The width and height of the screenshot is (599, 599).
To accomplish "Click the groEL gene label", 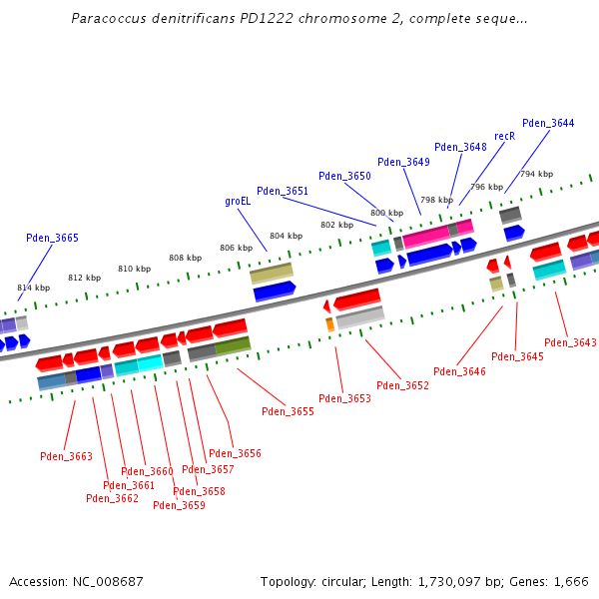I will (238, 201).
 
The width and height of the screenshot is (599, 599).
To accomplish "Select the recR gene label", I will (505, 136).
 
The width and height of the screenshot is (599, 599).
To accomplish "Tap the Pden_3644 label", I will (548, 124).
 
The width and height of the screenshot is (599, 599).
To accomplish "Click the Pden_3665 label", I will (52, 238).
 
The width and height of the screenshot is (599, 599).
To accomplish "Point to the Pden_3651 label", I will (283, 191).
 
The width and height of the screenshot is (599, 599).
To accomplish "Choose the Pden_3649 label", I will (403, 162).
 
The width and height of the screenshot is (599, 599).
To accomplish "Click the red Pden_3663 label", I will (66, 456).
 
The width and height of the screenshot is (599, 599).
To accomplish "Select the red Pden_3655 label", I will (288, 411).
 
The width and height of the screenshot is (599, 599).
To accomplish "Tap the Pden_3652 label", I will (402, 385).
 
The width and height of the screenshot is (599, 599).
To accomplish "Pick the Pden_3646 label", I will (459, 371).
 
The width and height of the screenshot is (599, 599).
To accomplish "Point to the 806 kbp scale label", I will (236, 248).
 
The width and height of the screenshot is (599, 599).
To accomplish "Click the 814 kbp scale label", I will (33, 288).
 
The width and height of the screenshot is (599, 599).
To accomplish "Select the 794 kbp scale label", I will (536, 174).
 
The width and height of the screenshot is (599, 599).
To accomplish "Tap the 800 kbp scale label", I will (386, 213).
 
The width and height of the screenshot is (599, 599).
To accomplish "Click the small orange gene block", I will (329, 324).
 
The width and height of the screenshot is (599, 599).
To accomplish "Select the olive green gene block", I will (233, 345).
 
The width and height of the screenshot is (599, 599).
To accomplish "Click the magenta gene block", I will (426, 236).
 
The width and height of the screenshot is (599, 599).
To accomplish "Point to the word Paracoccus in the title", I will (108, 19).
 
